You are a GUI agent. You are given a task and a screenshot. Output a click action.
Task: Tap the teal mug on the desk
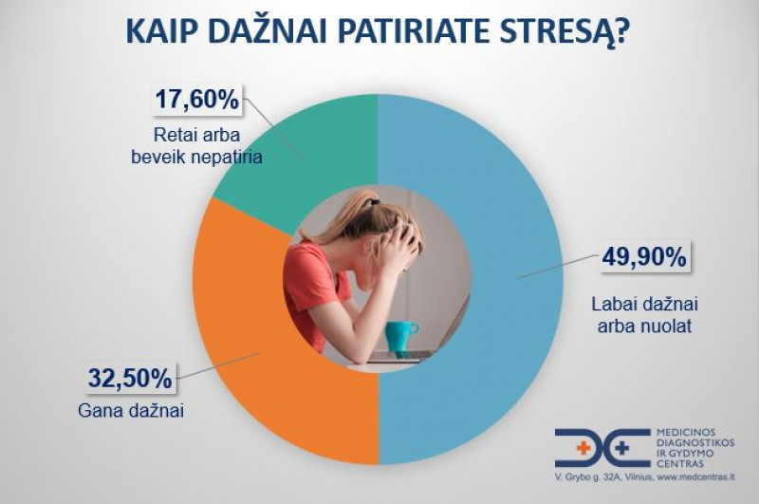click(401, 333)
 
